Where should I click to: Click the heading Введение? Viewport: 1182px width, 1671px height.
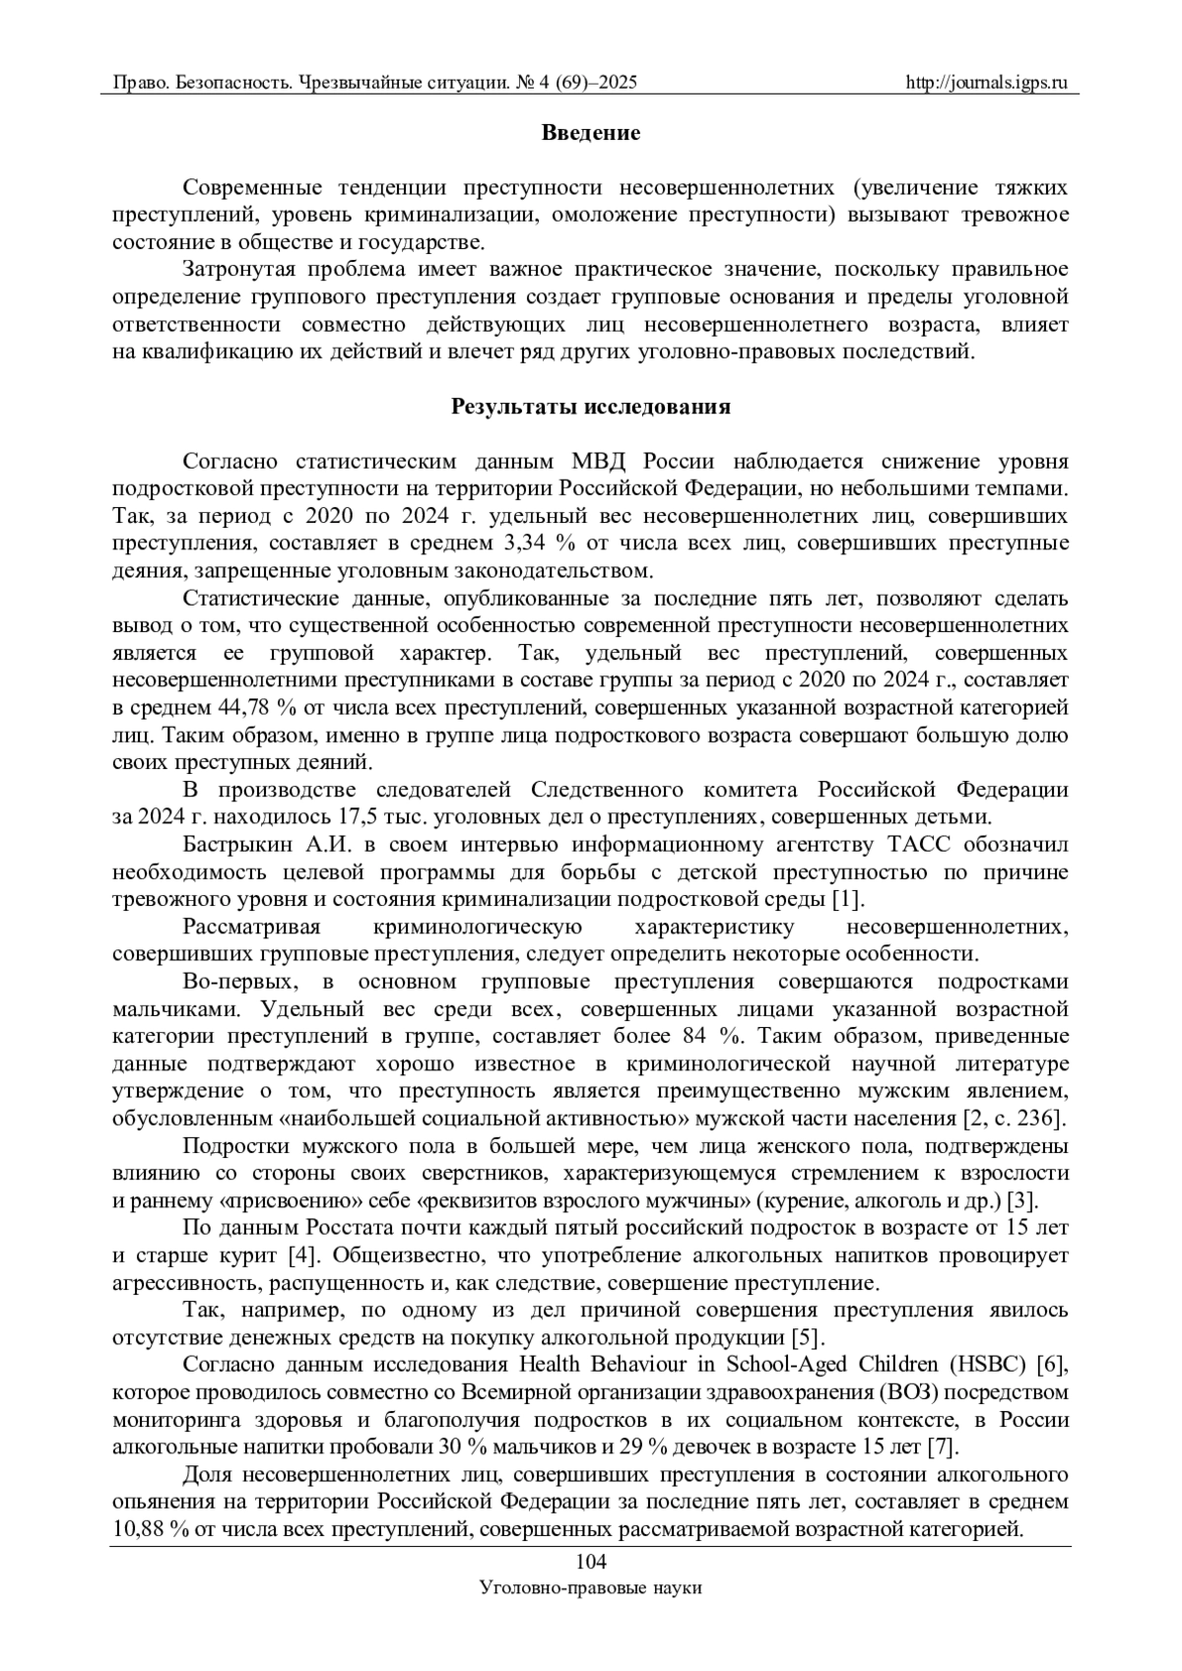coord(591,133)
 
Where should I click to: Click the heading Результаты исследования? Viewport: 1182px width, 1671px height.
coord(591,407)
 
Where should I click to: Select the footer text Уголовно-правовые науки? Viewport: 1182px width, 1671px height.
coord(590,1588)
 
